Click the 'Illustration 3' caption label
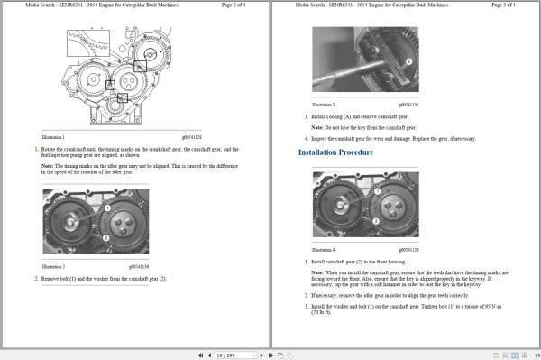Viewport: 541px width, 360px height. (323, 105)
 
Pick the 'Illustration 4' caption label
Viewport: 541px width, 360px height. (323, 249)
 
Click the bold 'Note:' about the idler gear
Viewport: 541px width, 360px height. (49, 165)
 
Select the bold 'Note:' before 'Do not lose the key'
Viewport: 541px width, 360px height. (317, 127)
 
